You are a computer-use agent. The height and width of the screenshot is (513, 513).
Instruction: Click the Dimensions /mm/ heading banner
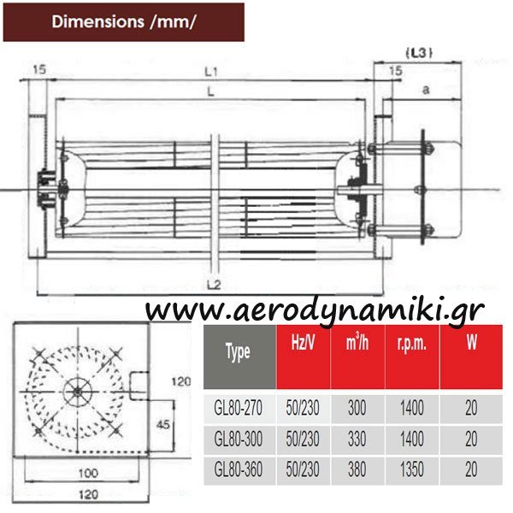pyautogui.click(x=124, y=22)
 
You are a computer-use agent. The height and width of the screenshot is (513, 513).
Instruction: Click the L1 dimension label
pyautogui.click(x=211, y=72)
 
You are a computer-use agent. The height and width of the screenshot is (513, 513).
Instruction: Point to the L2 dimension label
pyautogui.click(x=214, y=285)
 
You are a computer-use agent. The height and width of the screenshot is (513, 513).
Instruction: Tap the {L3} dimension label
pyautogui.click(x=419, y=53)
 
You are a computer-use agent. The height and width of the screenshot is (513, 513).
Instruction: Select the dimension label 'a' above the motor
pyautogui.click(x=426, y=90)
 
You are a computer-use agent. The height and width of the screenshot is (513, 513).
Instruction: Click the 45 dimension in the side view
pyautogui.click(x=163, y=425)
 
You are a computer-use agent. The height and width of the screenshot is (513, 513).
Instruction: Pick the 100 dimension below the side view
pyautogui.click(x=88, y=473)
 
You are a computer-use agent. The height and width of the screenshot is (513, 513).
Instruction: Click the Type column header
pyautogui.click(x=238, y=352)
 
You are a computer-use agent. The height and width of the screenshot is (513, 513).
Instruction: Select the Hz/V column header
pyautogui.click(x=303, y=343)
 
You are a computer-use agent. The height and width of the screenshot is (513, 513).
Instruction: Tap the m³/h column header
pyautogui.click(x=357, y=342)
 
